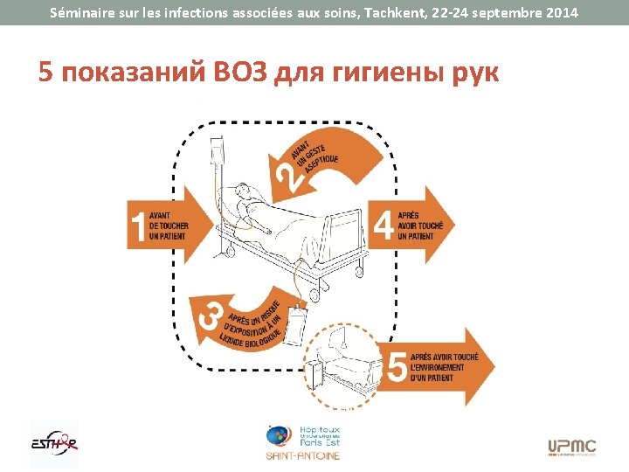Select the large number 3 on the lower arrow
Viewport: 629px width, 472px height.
click(211, 315)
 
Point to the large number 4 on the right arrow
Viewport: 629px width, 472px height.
click(383, 226)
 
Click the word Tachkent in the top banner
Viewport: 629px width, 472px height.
click(396, 13)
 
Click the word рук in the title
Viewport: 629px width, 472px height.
click(472, 73)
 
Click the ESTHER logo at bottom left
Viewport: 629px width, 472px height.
click(53, 441)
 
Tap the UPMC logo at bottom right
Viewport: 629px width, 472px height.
click(572, 447)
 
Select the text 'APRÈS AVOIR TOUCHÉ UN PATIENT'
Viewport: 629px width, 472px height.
click(420, 226)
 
